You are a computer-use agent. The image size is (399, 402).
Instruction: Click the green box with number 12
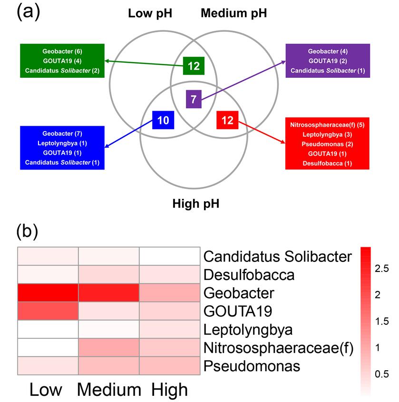[194, 65]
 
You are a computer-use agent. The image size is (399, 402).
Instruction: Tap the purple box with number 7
[194, 100]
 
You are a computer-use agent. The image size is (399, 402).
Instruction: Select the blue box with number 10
[163, 120]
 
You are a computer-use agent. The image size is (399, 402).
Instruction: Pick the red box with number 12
[228, 120]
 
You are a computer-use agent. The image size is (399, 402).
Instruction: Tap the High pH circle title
[195, 204]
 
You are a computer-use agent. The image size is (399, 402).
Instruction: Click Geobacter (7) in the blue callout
[62, 134]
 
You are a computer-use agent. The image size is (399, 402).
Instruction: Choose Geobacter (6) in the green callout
[62, 51]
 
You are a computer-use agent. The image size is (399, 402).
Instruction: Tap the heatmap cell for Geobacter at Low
[48, 293]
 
